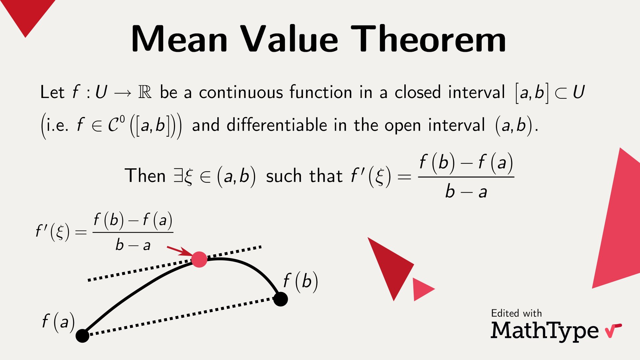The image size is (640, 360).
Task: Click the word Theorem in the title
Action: [x=428, y=39]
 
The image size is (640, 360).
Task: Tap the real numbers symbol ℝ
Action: [x=145, y=92]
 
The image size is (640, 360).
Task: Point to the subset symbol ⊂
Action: [x=561, y=93]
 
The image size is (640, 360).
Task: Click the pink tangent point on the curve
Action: [x=199, y=260]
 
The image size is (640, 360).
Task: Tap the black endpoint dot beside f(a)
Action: [x=82, y=335]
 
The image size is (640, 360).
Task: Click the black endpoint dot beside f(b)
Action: [x=281, y=299]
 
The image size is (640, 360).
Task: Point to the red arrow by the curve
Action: [x=179, y=251]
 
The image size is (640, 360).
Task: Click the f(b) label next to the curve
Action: [x=300, y=281]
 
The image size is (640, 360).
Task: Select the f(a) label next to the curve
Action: [x=58, y=322]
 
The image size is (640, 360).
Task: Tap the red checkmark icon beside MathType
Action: [x=613, y=330]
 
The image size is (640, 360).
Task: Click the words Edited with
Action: [x=516, y=313]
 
